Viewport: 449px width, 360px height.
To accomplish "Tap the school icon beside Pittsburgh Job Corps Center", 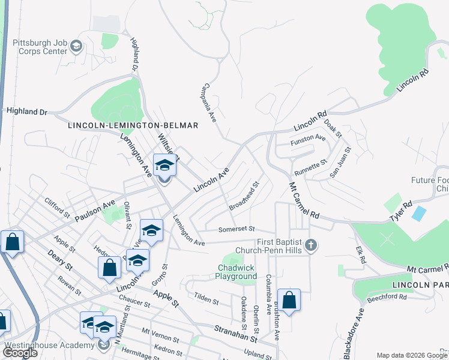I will (76, 46).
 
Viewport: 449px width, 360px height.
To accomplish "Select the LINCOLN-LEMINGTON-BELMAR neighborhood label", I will (133, 125).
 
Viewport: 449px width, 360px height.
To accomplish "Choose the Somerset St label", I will (237, 229).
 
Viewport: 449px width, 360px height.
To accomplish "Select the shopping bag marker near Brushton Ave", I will (289, 300).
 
